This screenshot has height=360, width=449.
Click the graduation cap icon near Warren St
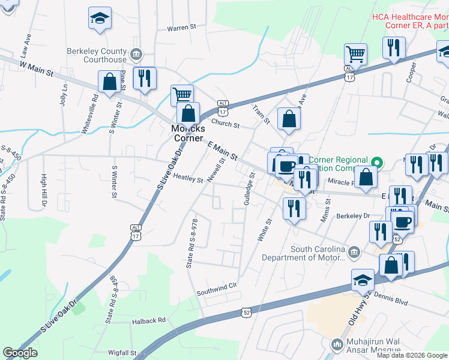(x=100, y=19)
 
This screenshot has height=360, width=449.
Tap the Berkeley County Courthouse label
(x=97, y=55)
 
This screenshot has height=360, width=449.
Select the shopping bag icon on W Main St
(x=109, y=82)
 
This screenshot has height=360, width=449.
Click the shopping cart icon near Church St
(x=182, y=95)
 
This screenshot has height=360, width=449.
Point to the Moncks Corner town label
(x=188, y=133)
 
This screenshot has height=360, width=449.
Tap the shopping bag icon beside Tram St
(x=289, y=119)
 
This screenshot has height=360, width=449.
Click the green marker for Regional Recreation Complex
(x=377, y=162)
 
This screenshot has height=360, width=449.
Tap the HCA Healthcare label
(x=409, y=22)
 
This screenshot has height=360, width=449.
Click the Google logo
(x=20, y=353)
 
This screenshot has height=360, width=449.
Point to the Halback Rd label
(x=148, y=321)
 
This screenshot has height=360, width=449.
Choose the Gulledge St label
(x=249, y=191)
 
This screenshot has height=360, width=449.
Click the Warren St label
(x=182, y=28)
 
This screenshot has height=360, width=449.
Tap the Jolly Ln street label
(x=64, y=95)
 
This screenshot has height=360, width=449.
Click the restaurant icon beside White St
(x=294, y=208)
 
